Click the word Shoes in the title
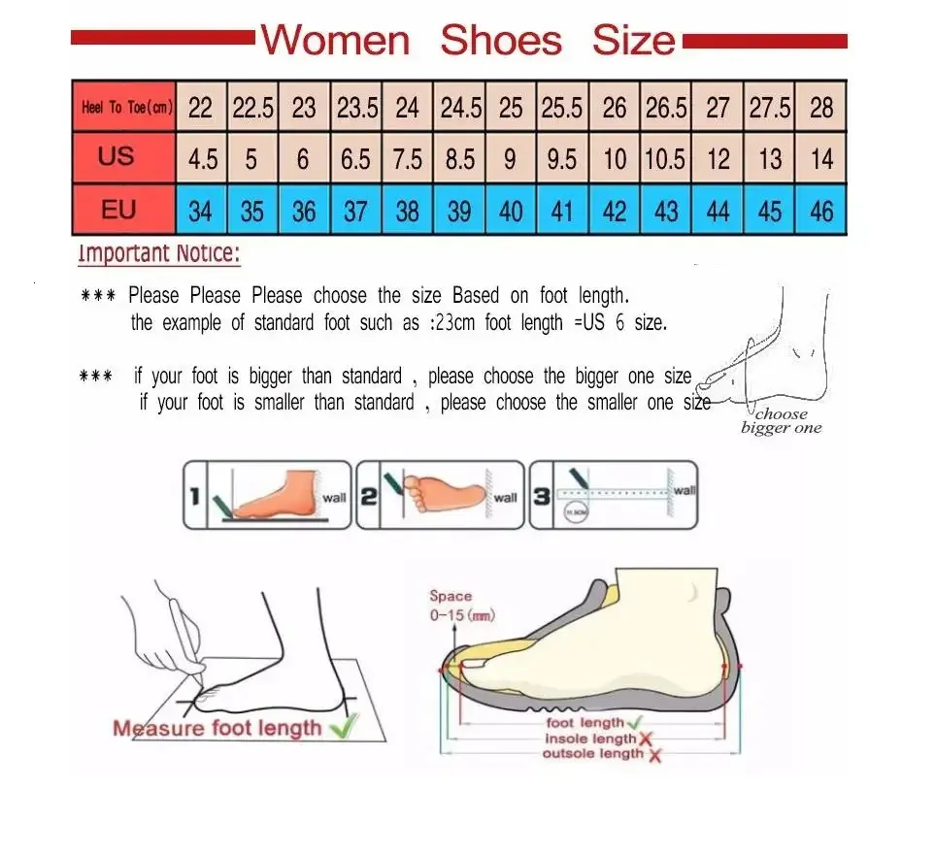[x=501, y=41]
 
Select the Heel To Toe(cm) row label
[x=126, y=107]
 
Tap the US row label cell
[x=116, y=156]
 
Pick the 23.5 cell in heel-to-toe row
[x=356, y=108]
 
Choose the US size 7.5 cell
[x=408, y=158]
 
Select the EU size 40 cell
[x=511, y=211]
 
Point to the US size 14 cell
[x=821, y=158]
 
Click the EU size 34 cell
[x=200, y=211]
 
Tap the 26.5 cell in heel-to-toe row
[x=666, y=108]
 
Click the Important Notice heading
[x=159, y=255]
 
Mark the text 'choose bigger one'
[x=781, y=421]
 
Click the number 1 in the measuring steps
[x=194, y=497]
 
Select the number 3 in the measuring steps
[x=542, y=497]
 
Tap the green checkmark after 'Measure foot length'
[x=342, y=726]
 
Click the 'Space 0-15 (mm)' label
[x=452, y=605]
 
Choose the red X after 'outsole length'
[x=655, y=755]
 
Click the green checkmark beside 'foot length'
[x=635, y=723]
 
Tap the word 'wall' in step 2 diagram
[x=506, y=498]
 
